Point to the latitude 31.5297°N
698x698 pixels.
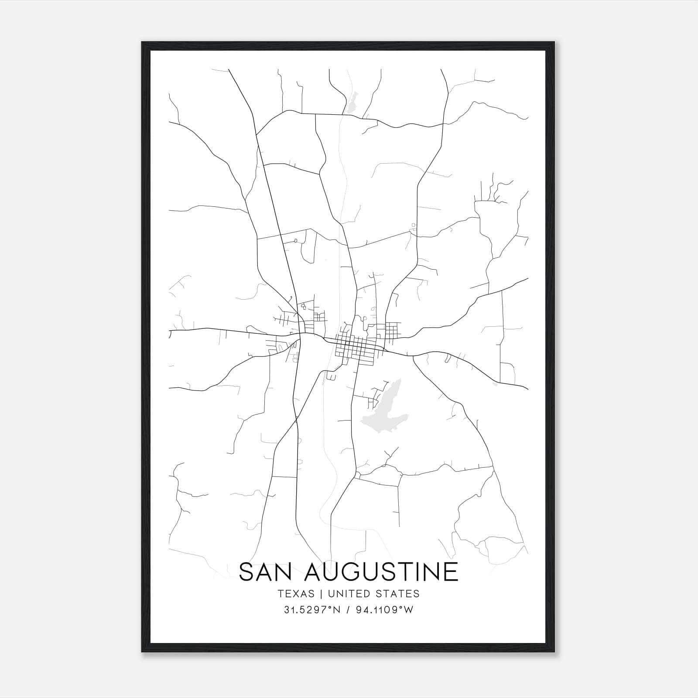coord(312,610)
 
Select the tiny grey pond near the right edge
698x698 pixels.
coord(494,384)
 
